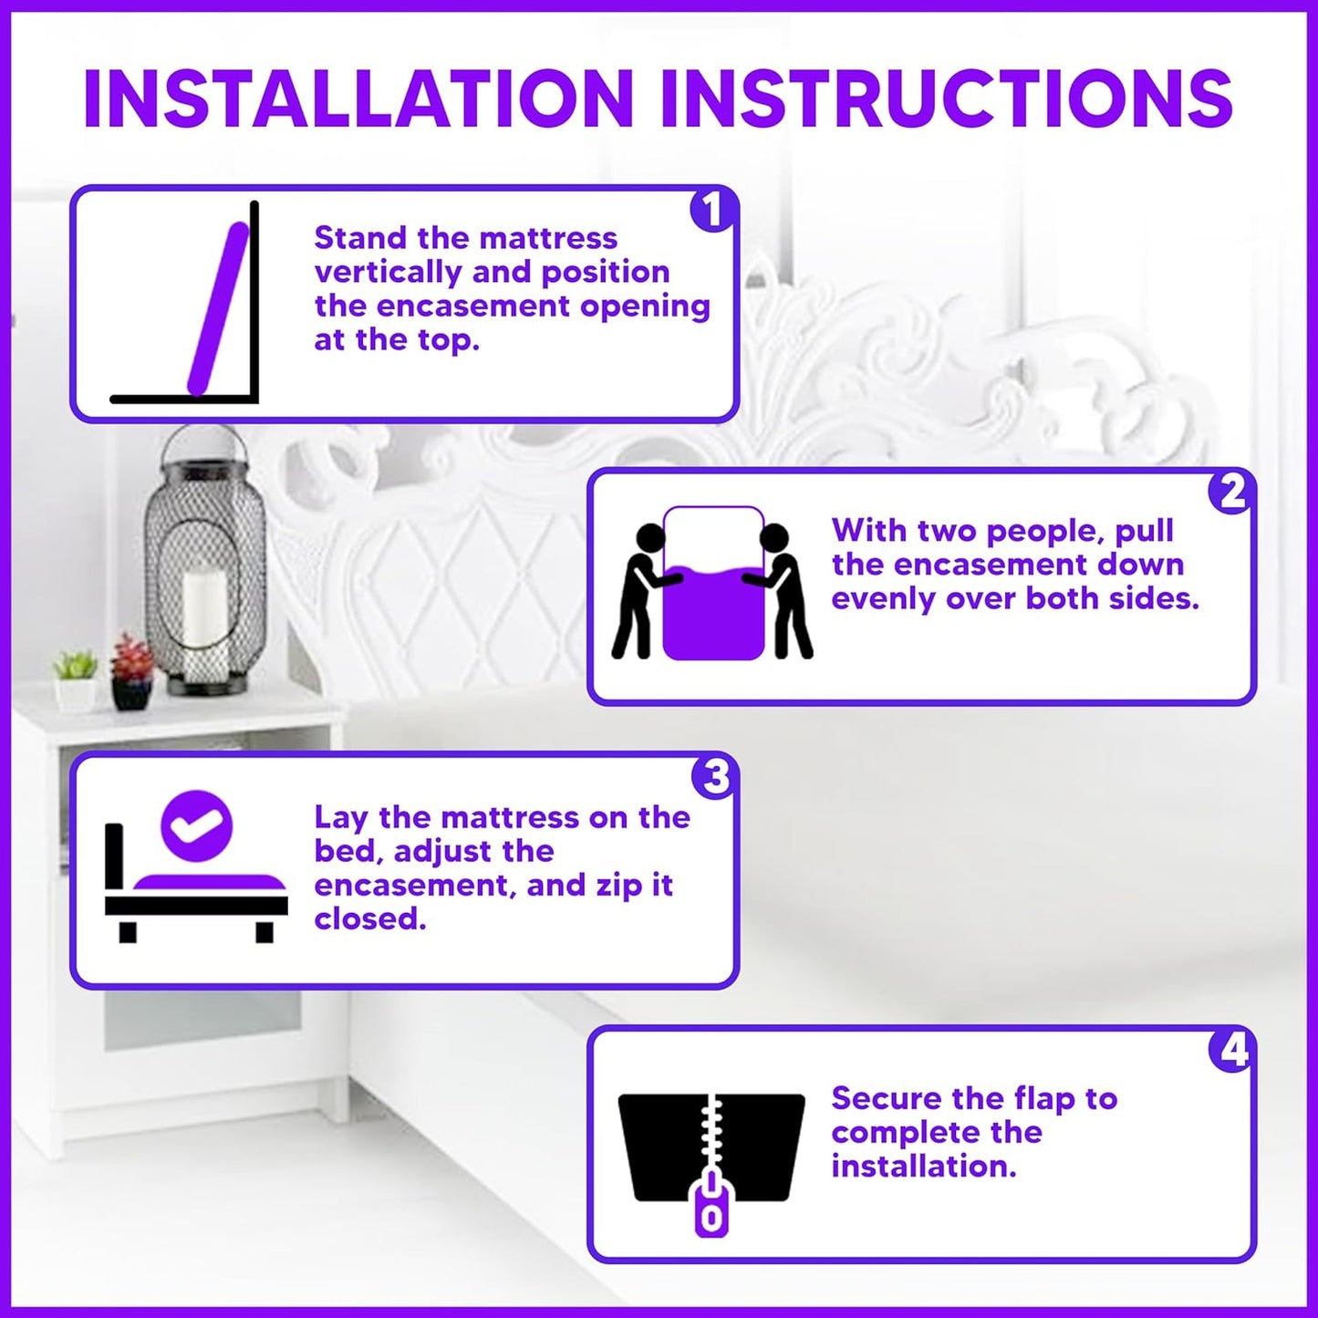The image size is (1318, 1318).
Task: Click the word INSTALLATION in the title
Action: pos(358,99)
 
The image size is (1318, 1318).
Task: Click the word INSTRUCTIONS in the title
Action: pos(946,99)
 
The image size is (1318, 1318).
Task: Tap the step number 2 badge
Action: pos(1231,492)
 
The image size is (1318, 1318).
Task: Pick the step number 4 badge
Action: pos(1232,1050)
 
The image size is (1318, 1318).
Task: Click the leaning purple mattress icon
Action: pos(218,308)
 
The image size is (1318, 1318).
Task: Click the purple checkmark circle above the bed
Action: pos(196,825)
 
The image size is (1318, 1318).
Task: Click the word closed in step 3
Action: pos(369,918)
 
